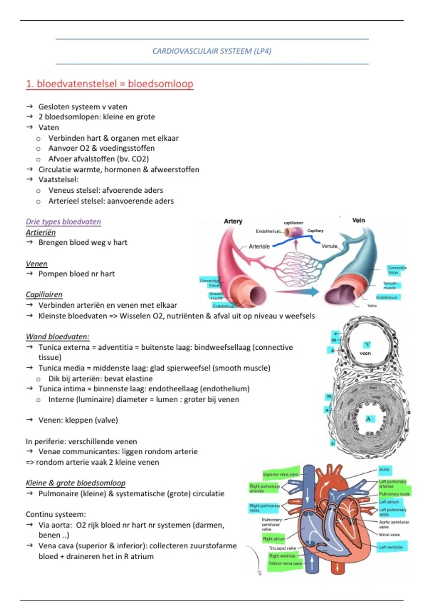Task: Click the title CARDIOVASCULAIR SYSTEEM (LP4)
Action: click(212, 51)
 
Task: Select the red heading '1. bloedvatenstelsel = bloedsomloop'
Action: click(110, 84)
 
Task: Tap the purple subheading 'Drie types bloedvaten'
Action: click(63, 222)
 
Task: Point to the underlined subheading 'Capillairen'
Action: click(44, 294)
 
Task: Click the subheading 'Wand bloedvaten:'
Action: click(58, 337)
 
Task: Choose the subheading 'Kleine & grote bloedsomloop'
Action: click(76, 483)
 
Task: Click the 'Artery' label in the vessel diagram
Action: click(233, 221)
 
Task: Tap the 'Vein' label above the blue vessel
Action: click(358, 220)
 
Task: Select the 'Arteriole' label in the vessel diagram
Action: click(259, 246)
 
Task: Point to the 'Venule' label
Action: click(329, 246)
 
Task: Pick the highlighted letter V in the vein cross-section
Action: click(367, 344)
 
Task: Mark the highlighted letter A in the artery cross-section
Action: click(368, 419)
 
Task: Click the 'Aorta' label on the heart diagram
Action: click(384, 469)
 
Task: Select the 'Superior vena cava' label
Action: click(281, 474)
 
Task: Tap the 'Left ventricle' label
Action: click(391, 547)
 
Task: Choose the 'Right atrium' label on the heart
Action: click(274, 539)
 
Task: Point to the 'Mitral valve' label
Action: click(389, 535)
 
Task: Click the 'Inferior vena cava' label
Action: click(285, 563)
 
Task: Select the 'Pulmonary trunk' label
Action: click(394, 494)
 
